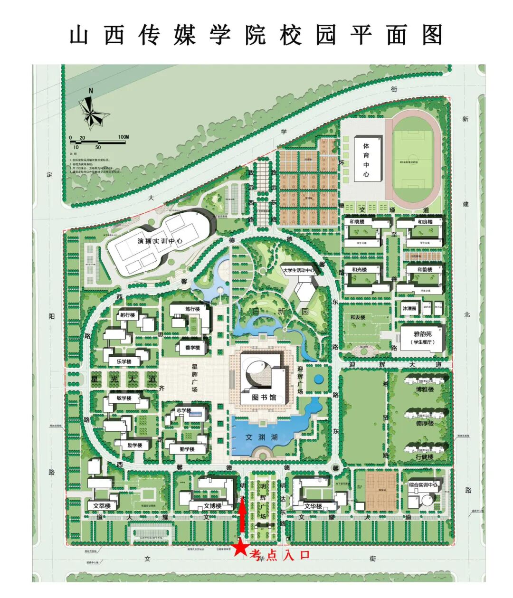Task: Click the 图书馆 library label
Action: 264,397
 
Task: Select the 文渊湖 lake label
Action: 261,437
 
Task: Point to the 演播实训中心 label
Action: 160,241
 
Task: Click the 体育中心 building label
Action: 366,160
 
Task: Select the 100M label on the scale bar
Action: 123,137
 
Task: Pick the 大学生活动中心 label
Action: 298,270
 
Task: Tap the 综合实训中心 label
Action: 423,485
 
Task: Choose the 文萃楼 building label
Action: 102,506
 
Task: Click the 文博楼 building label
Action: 212,505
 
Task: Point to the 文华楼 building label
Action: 313,505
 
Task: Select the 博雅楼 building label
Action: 425,389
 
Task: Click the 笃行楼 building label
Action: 192,309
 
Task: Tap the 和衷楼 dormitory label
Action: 357,222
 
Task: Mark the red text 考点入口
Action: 280,555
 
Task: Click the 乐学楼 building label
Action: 123,361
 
